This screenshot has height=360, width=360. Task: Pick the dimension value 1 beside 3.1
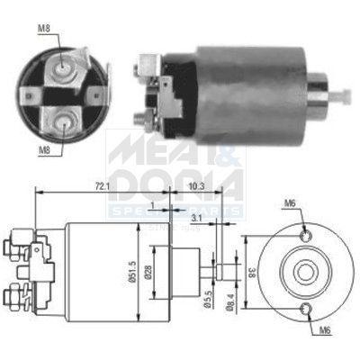tap(154, 206)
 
